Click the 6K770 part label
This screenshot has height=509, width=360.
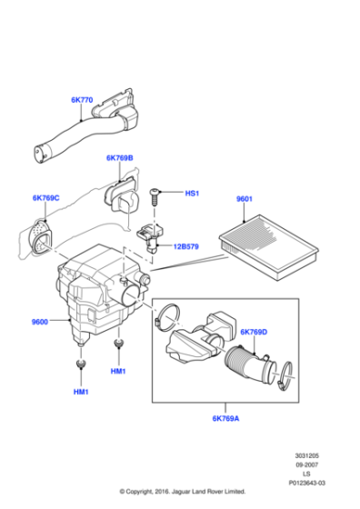(x=83, y=100)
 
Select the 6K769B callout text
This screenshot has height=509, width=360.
(x=119, y=157)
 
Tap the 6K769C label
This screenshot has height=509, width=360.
(x=45, y=197)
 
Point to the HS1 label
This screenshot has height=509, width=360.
(x=192, y=193)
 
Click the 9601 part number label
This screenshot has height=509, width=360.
(x=245, y=198)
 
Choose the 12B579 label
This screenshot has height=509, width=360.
(x=188, y=245)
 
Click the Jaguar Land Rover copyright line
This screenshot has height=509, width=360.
(x=180, y=499)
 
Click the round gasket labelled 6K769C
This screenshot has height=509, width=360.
(x=40, y=235)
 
